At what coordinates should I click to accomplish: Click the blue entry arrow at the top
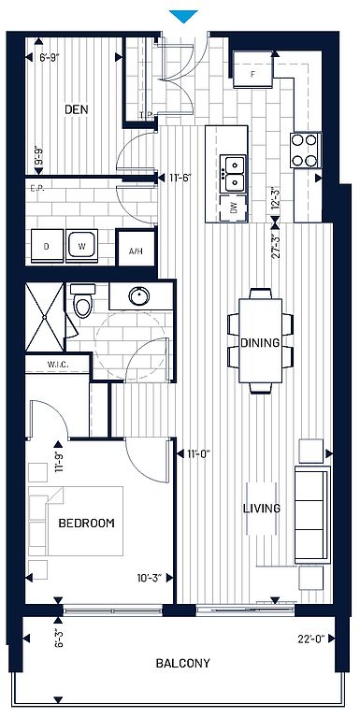point(183,16)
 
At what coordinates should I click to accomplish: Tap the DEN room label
point(76,110)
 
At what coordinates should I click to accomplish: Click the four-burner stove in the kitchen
point(306,151)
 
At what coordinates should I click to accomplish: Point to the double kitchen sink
point(234,174)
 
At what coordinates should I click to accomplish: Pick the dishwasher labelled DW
point(234,208)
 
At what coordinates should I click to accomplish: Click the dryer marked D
point(47,246)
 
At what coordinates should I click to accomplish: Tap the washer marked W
point(82,246)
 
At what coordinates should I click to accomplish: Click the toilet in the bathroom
point(83,300)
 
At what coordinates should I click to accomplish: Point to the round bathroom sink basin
point(138,295)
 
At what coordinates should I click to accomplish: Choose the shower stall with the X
point(45,317)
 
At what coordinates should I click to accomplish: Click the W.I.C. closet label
point(58,365)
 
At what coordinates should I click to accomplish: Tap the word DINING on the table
point(260,342)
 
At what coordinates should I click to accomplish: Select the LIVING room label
point(262,509)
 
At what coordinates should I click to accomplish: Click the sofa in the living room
point(312,515)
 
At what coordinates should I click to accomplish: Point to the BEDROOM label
point(87,523)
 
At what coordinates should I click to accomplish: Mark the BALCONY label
point(183,663)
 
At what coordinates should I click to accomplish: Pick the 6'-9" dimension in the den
point(50,58)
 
